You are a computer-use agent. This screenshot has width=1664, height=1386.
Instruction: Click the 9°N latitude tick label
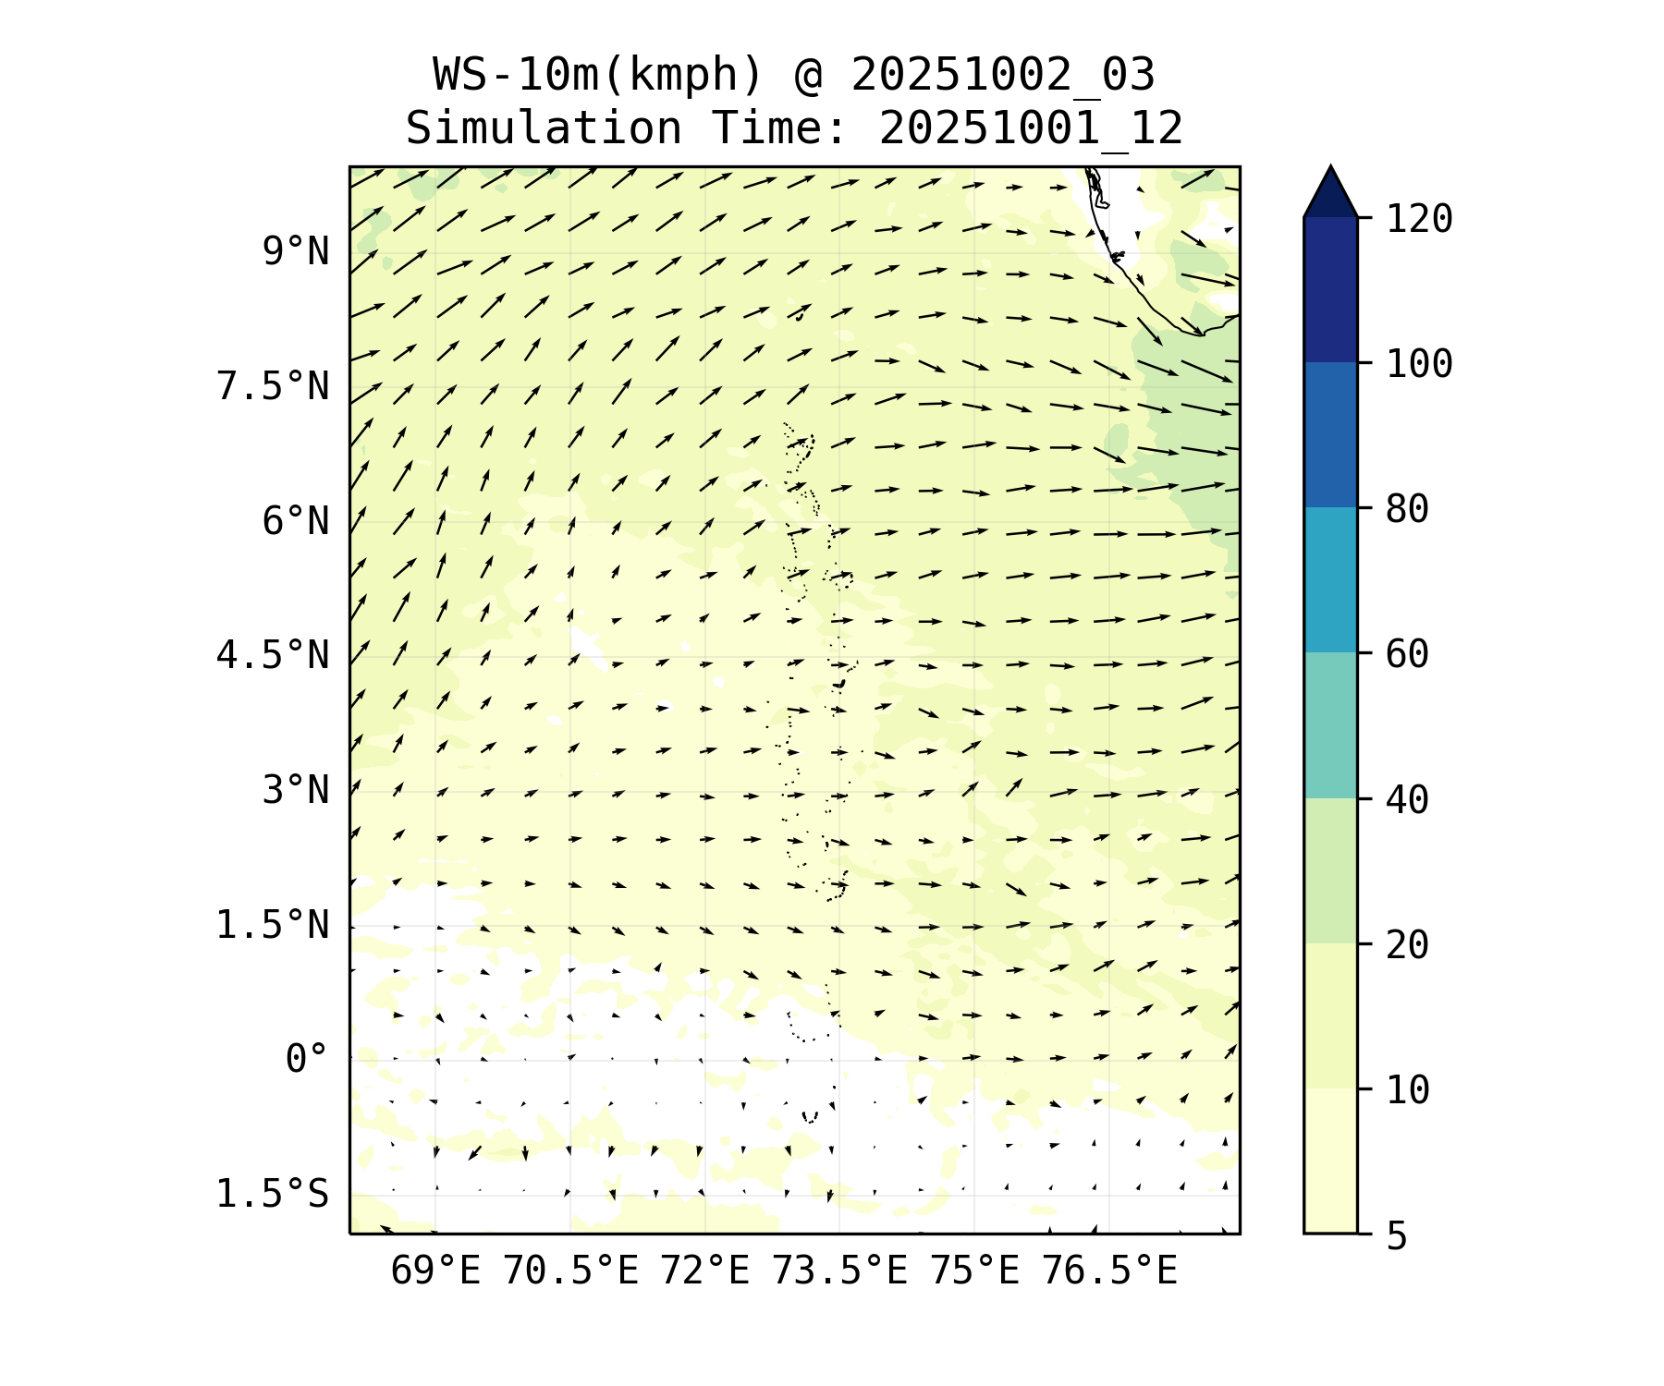296,251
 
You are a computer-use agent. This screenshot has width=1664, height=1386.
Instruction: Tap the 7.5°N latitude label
273,386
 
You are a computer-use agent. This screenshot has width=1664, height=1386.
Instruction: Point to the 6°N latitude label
296,521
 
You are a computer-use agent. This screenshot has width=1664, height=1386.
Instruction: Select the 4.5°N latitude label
273,656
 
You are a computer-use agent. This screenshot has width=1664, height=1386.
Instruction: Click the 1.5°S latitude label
273,1194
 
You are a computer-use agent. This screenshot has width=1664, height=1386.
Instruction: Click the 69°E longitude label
435,1271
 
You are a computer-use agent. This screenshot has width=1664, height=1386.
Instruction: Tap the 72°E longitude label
704,1271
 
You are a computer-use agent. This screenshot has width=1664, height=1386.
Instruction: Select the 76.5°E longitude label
1109,1271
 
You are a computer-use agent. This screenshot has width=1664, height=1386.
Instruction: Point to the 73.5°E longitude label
839,1271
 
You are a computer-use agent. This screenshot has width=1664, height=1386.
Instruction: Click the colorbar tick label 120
1419,220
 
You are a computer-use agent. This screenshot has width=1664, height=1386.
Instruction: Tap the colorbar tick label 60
1407,654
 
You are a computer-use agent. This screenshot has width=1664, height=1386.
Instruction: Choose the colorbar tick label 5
1396,1236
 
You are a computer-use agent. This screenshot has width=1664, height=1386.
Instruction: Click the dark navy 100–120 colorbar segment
1330,289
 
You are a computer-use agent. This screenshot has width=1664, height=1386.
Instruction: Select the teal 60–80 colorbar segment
1330,579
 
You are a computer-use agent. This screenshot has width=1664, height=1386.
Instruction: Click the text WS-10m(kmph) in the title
598,75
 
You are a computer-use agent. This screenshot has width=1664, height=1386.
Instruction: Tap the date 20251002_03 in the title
1002,75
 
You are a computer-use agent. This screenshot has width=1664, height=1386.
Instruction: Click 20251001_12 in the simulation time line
1031,128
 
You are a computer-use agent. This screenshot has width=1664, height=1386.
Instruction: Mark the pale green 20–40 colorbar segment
1330,869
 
